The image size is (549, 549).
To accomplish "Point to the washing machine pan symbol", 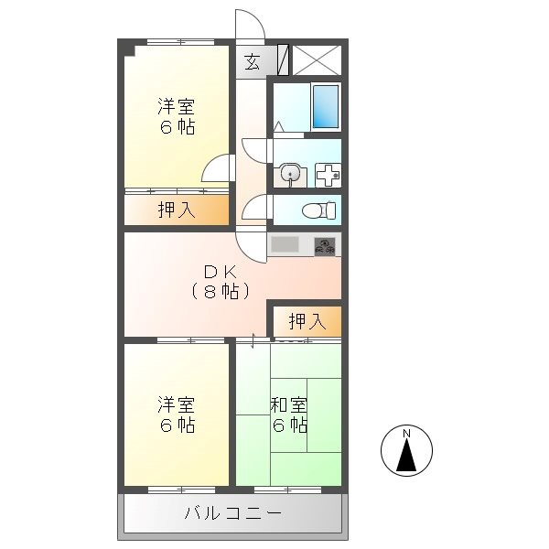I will [328, 173].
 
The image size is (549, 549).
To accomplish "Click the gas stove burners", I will [326, 244].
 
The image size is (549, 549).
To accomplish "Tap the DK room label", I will [221, 272].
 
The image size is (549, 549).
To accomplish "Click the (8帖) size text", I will [221, 292].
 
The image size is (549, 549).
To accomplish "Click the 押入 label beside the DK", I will [306, 321].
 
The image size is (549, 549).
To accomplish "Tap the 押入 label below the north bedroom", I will [176, 210].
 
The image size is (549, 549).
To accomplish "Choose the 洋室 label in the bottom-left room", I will [176, 404].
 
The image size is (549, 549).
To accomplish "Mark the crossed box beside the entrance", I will [317, 59].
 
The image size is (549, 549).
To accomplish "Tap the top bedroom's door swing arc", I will [216, 170].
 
